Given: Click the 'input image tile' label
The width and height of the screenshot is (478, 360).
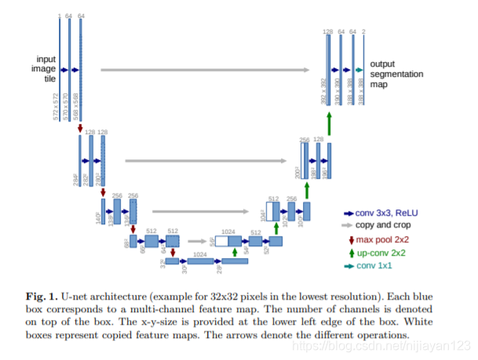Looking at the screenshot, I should [x=46, y=69].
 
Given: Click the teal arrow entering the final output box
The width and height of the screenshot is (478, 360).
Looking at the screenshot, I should [x=358, y=71].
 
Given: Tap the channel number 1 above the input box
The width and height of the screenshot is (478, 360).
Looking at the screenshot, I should [x=59, y=15].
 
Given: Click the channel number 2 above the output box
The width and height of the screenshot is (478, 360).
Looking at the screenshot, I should [x=363, y=31].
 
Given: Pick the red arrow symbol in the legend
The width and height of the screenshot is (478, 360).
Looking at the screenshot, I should [x=350, y=239].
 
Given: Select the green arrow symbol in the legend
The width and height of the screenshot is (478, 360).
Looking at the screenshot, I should [x=350, y=253].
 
